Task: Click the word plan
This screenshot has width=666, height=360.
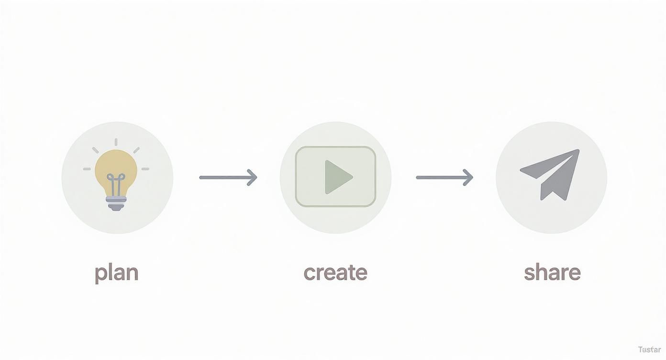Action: click(116, 273)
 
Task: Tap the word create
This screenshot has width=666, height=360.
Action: click(335, 272)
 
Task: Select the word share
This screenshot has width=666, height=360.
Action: click(552, 272)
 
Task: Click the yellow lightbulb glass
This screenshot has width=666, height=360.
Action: click(116, 165)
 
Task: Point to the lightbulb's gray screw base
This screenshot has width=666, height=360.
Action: click(116, 204)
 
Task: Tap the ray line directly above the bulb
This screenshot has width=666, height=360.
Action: click(116, 142)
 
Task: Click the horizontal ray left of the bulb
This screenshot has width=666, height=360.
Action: click(87, 169)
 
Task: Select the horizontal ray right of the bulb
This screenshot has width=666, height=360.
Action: click(145, 169)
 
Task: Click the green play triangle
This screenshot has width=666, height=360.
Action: click(337, 177)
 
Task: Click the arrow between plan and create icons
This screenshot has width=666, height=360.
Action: click(227, 178)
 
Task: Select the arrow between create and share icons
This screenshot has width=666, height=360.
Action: click(444, 178)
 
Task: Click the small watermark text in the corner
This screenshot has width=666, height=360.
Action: click(649, 350)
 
